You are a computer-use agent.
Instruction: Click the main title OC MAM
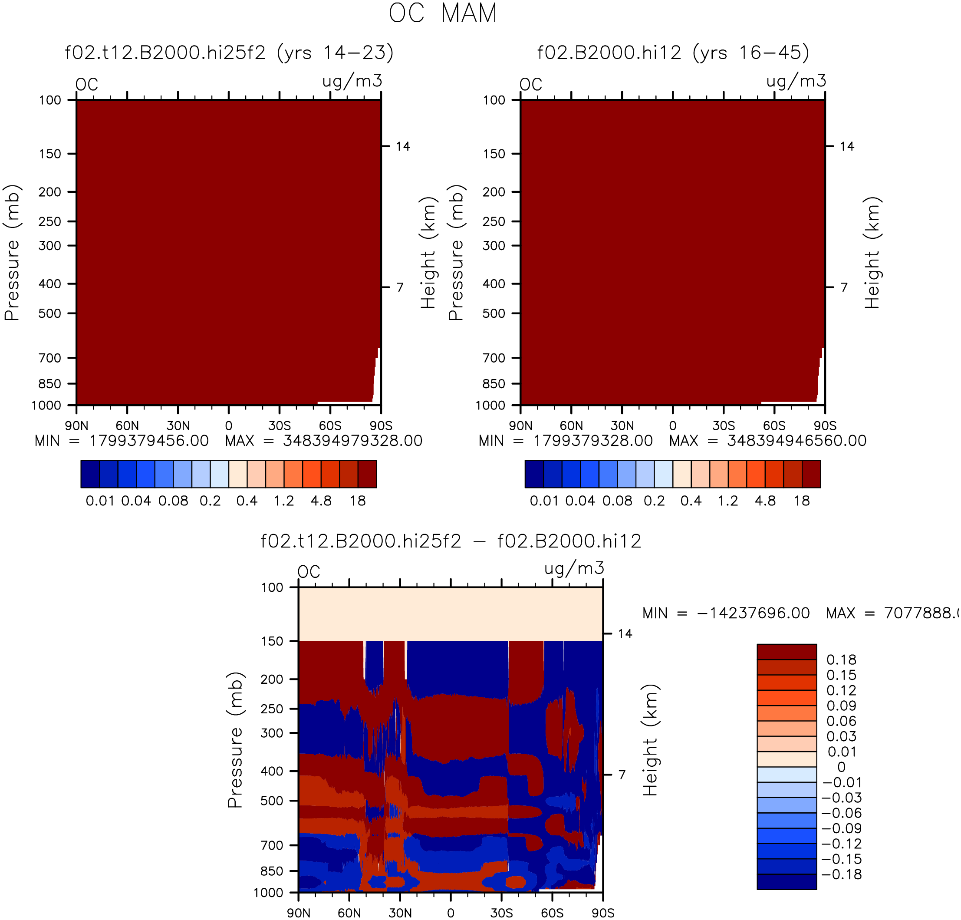coord(443,13)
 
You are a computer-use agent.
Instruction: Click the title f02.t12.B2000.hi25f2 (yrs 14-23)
coord(229,53)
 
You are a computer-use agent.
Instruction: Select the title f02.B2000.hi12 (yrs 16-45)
coord(673,53)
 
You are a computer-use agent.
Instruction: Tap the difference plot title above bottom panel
coord(451,541)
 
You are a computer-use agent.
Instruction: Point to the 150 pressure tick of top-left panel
coord(50,154)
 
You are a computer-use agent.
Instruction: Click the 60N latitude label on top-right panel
coord(571,425)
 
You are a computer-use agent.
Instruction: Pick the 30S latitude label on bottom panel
coord(502,913)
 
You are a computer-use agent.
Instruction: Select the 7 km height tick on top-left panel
coord(400,287)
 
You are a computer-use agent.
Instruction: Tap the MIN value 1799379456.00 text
coord(149,441)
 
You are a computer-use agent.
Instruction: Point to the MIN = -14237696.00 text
coord(726,613)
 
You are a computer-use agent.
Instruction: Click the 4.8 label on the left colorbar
coord(321,501)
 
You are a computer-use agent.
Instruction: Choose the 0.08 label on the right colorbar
coord(618,501)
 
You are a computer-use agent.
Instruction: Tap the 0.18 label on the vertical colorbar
coord(841,659)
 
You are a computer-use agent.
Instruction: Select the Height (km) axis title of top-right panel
coord(872,253)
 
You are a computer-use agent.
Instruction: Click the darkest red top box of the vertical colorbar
coord(787,652)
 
